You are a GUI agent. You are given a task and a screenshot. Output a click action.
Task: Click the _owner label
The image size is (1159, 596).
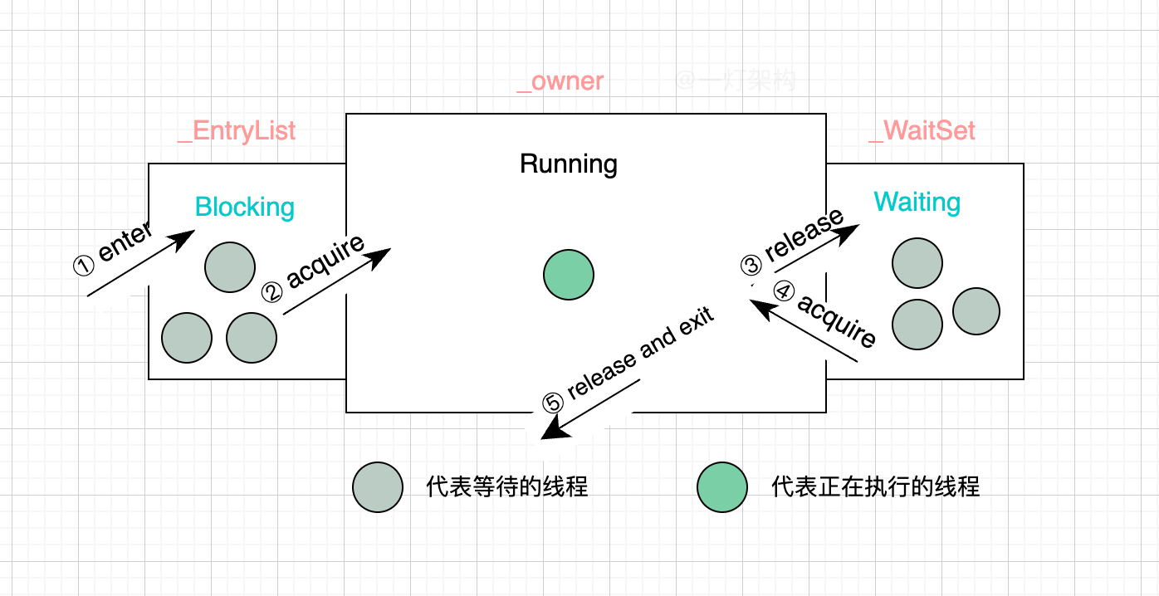click(x=560, y=81)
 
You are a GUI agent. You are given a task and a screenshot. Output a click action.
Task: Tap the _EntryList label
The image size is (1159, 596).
click(x=237, y=131)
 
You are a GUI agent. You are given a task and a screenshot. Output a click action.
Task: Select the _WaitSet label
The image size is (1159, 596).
click(x=922, y=130)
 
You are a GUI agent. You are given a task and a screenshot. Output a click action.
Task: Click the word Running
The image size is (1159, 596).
click(x=569, y=164)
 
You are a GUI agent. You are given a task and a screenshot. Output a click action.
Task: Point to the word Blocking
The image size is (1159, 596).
click(x=245, y=208)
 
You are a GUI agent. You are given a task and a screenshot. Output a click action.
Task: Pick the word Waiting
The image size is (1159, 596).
click(x=917, y=203)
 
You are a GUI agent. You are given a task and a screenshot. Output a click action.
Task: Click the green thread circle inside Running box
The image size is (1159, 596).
click(x=569, y=275)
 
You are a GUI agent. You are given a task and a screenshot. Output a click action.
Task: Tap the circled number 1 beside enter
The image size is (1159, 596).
click(x=84, y=266)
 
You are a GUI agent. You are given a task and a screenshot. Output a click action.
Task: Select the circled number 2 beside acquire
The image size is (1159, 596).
click(x=272, y=292)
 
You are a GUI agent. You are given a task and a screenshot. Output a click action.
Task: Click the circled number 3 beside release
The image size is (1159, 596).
click(x=751, y=266)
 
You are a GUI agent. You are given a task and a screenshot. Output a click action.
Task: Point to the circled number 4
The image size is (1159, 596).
click(x=784, y=291)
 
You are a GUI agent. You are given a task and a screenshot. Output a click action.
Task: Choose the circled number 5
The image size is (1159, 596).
click(x=553, y=403)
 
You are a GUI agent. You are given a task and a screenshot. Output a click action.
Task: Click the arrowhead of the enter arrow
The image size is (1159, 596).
click(x=182, y=240)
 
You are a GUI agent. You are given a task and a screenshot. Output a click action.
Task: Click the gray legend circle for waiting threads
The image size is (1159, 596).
click(x=378, y=487)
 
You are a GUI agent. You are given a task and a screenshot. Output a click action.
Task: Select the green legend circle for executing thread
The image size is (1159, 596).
click(x=722, y=487)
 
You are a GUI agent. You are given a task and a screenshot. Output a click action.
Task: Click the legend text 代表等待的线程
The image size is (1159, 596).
click(x=507, y=487)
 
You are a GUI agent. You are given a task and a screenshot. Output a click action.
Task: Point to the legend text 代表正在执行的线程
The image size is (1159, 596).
click(x=875, y=487)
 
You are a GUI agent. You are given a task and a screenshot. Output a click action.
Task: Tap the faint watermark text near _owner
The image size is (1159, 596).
click(x=736, y=81)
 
